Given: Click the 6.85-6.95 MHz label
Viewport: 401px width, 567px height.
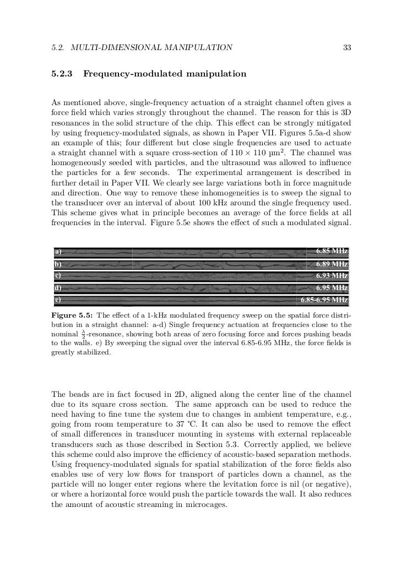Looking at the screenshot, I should pyautogui.click(x=324, y=299).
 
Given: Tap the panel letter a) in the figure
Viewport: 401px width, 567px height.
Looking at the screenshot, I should pyautogui.click(x=57, y=251).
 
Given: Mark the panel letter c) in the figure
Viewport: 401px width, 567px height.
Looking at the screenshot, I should pyautogui.click(x=57, y=275).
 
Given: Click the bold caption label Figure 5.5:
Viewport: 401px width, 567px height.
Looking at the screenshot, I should pyautogui.click(x=71, y=316).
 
